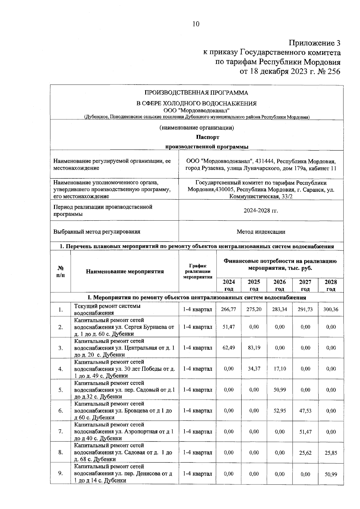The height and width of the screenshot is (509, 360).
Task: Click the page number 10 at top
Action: click(x=196, y=24)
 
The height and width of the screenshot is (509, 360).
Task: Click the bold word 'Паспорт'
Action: click(x=208, y=137)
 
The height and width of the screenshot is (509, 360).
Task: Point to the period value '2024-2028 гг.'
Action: click(x=261, y=210)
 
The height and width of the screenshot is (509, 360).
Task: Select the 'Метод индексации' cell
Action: click(x=261, y=232)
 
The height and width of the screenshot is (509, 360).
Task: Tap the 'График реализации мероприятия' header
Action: click(x=197, y=271)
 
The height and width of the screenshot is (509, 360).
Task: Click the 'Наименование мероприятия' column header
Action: click(x=125, y=272)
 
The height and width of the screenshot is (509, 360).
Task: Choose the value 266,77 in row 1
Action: click(x=228, y=309)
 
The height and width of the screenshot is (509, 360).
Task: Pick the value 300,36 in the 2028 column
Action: click(x=331, y=309)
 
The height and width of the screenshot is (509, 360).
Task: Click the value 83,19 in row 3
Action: click(x=254, y=348)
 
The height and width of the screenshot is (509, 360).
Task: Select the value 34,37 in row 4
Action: click(x=254, y=369)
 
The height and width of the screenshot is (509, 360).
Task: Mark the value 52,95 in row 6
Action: click(x=280, y=411)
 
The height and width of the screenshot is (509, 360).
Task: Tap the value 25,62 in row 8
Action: click(x=305, y=453)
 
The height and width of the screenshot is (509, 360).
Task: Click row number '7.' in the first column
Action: click(x=61, y=432)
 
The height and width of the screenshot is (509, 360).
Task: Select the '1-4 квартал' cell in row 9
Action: click(x=197, y=474)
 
